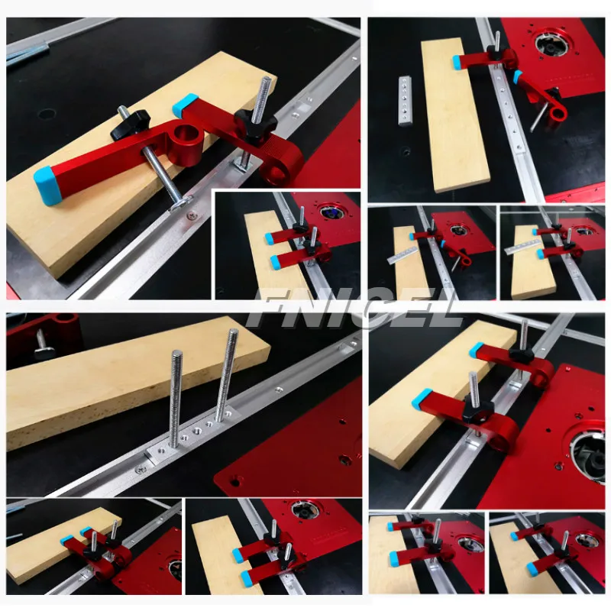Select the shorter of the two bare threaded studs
tap(175, 397)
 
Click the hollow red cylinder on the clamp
tap(183, 145)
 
